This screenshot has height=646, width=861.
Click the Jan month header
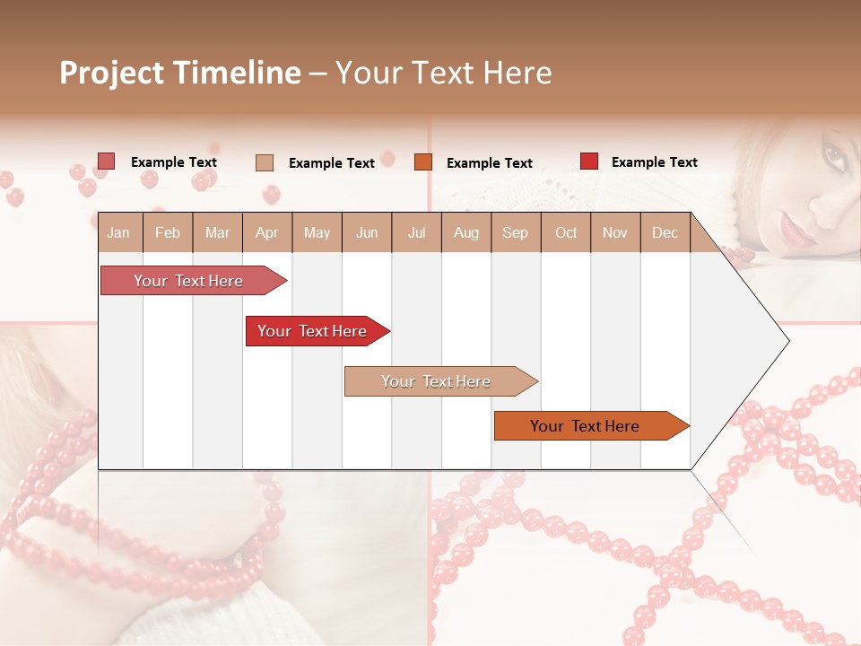(119, 232)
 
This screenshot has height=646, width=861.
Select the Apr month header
(267, 232)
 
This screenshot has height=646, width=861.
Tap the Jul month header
(416, 232)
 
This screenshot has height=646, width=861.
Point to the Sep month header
(515, 232)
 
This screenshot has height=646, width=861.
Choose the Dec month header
(665, 232)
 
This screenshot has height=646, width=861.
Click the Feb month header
(168, 232)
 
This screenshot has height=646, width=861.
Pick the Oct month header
(566, 232)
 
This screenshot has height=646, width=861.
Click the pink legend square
(107, 161)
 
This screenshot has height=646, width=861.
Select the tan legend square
(265, 162)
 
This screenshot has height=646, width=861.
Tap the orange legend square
(423, 162)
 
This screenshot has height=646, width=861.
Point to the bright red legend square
(589, 161)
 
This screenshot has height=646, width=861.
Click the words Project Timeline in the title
(179, 73)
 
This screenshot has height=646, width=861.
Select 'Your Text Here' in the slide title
(443, 73)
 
